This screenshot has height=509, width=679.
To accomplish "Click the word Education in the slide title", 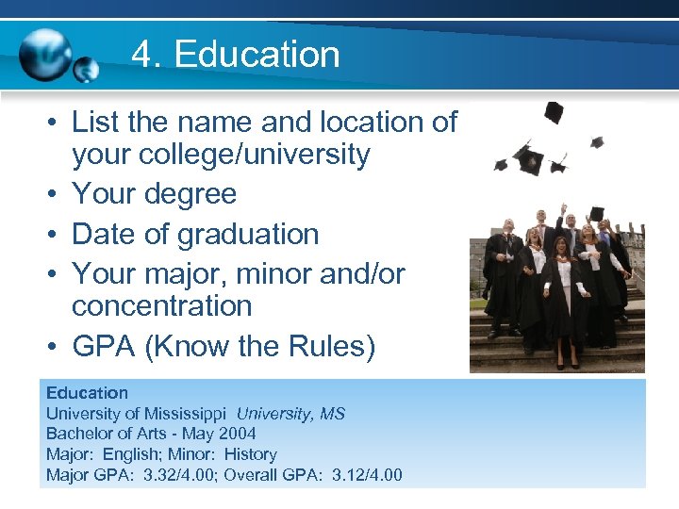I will tap(257, 54).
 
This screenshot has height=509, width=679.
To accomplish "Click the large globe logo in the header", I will tap(45, 54).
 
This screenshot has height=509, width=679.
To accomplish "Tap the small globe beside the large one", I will tap(87, 70).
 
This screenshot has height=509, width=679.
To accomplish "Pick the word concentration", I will tap(161, 305).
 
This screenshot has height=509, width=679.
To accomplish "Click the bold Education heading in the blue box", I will tap(87, 393).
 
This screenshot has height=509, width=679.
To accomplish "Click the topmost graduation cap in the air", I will tap(554, 112).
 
